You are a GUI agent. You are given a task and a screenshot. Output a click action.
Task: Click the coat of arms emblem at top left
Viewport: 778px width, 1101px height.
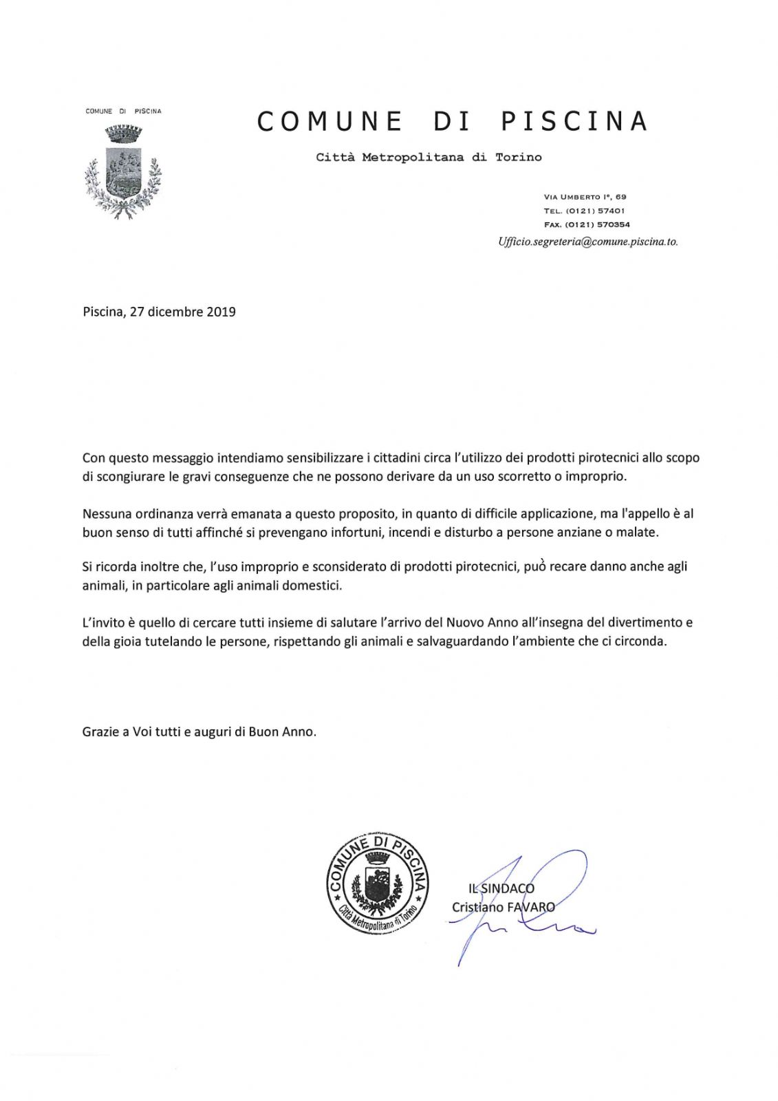(122, 170)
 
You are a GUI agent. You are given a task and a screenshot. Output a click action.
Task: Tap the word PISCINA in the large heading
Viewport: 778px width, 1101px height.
(574, 122)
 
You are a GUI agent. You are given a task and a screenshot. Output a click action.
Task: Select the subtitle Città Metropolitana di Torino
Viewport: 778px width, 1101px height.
(429, 158)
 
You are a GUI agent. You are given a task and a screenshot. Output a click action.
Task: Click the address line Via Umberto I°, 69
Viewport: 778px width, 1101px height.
(585, 197)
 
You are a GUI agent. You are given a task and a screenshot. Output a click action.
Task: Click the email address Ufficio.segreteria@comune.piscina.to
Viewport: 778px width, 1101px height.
(588, 242)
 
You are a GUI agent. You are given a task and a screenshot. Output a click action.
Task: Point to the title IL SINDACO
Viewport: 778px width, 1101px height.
(501, 888)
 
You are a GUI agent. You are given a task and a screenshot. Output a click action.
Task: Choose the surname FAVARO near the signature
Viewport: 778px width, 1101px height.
(530, 907)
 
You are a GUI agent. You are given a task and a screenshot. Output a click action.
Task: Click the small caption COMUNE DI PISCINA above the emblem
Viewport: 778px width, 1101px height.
(123, 111)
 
